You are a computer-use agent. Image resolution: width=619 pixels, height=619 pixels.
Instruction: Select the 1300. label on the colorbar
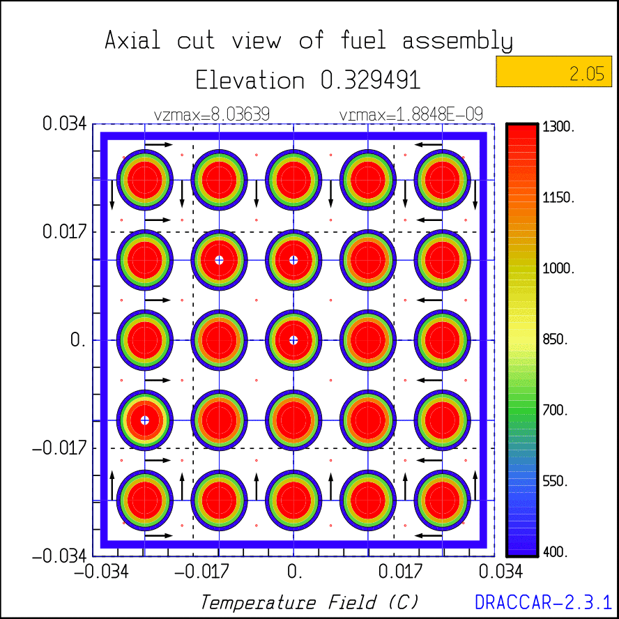558,128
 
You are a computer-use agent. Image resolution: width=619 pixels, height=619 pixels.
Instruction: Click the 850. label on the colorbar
558,340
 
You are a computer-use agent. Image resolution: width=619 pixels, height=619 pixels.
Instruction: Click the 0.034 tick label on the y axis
65,124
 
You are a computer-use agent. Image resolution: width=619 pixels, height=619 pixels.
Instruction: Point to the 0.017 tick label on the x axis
395,573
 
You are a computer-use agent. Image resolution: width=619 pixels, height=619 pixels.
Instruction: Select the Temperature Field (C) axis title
309,602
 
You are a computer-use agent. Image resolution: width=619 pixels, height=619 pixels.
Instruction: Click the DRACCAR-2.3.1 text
543,602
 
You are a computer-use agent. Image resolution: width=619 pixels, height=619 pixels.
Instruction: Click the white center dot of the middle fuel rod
293,340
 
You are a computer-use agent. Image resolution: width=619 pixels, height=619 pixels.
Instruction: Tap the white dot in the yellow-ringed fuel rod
145,420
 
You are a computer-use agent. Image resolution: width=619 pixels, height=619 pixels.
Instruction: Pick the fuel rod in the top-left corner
145,179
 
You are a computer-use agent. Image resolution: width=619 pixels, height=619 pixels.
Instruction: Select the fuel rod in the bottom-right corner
442,500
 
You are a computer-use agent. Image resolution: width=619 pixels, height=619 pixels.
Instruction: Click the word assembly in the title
457,41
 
